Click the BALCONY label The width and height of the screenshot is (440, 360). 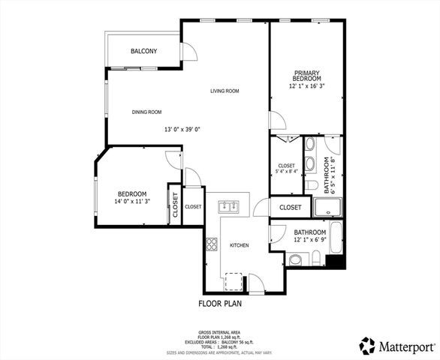coord(143,51)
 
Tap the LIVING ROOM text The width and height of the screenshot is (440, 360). coord(224,91)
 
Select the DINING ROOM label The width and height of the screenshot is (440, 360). coord(147,112)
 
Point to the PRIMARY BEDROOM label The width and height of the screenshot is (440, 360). coord(307,76)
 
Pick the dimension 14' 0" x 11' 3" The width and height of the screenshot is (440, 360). coord(131,201)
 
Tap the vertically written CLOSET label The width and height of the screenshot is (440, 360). coord(175,205)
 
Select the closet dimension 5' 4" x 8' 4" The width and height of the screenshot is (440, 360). coord(286,171)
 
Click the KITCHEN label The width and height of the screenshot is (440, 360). coord(239,245)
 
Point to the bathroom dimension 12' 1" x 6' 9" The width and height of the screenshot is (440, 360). coord(309,240)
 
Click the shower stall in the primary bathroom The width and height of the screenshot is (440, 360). coord(328,207)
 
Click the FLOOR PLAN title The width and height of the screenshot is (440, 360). coord(220,304)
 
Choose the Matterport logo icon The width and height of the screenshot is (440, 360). coord(367,346)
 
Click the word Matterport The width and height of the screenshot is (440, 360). coord(406,346)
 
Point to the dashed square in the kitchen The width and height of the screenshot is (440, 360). coord(234,282)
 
